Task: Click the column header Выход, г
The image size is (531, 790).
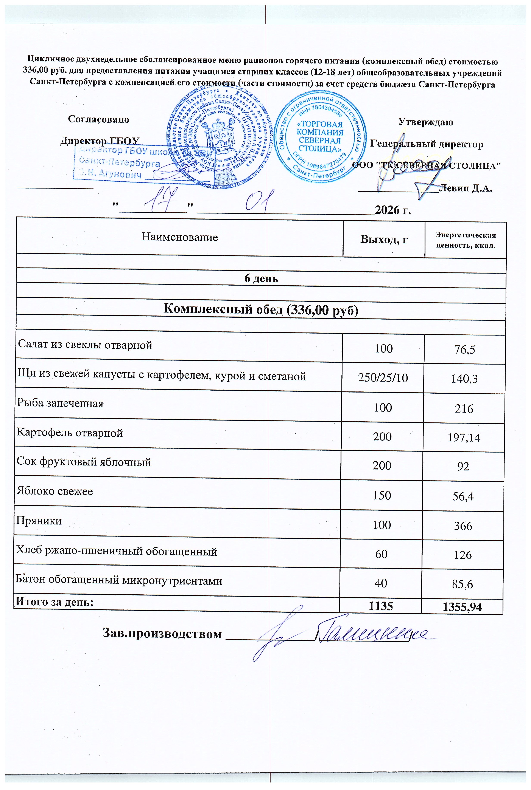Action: [x=384, y=239]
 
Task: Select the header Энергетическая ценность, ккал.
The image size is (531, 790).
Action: [x=465, y=240]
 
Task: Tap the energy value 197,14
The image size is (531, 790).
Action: [x=464, y=438]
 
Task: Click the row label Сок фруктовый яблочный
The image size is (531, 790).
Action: [x=84, y=462]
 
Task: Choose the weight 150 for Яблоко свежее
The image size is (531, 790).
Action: [x=382, y=495]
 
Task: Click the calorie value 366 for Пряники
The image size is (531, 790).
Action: [x=463, y=526]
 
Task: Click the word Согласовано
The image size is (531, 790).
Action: [x=98, y=119]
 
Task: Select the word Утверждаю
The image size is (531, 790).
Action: [x=425, y=122]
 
